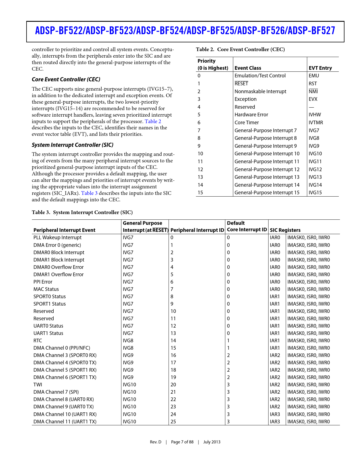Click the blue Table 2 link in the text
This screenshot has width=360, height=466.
[153, 121]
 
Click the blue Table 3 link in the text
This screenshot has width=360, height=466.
[89, 193]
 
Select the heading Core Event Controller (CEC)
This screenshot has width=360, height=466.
[66, 79]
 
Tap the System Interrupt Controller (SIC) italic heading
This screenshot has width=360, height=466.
[72, 145]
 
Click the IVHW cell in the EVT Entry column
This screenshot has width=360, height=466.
[315, 115]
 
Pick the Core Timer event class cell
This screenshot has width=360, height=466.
[246, 123]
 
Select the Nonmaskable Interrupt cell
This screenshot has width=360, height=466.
[260, 92]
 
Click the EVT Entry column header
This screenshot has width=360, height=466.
[320, 68]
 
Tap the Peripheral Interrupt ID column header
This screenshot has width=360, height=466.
[197, 230]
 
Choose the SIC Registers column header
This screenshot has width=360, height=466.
[285, 230]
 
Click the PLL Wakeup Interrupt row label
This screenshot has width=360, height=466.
[57, 238]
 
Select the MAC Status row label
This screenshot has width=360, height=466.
[46, 289]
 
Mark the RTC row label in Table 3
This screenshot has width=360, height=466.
[38, 341]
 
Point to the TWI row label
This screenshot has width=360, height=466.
[38, 385]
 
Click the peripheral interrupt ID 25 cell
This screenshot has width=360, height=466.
[173, 422]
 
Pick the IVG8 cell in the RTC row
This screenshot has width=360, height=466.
[128, 341]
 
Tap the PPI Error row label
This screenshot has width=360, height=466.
[43, 282]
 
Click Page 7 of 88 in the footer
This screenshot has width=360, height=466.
[182, 442]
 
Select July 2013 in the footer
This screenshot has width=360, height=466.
[211, 442]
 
